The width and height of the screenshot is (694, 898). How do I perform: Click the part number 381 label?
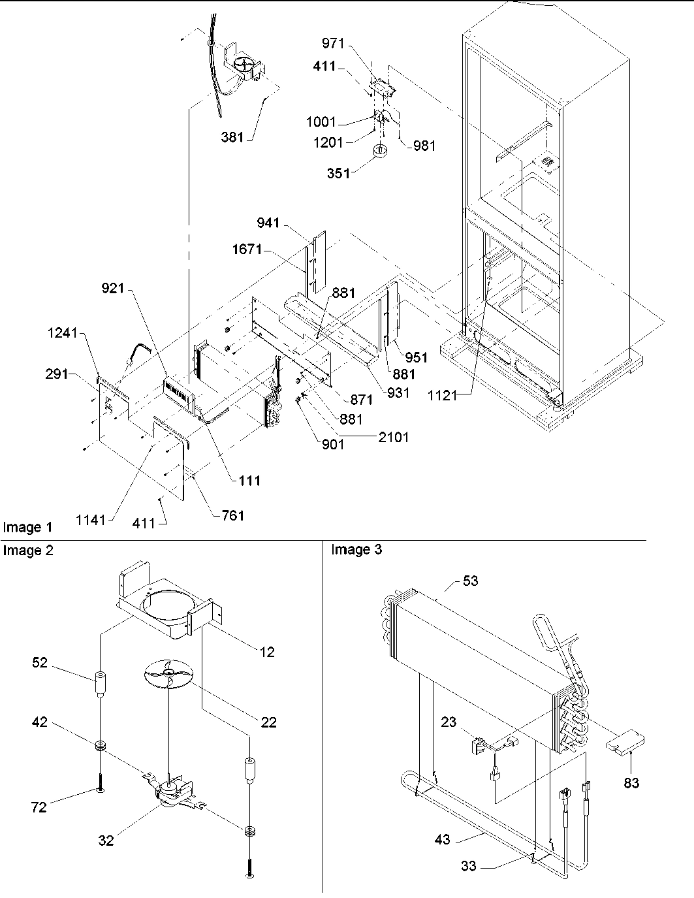(232, 137)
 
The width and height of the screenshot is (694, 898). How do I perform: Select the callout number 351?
(339, 174)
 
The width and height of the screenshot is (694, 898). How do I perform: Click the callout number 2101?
(394, 437)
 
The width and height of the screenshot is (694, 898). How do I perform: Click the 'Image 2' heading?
(28, 551)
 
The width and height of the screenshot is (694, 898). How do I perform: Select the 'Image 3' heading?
(356, 550)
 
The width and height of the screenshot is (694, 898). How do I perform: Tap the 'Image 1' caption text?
(28, 527)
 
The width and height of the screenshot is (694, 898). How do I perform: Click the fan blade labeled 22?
(169, 673)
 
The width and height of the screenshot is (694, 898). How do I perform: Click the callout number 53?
(470, 581)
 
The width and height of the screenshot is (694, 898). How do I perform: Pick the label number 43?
(442, 839)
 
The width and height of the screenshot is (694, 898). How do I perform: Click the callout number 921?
(112, 288)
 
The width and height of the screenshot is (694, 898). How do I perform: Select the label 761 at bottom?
(232, 515)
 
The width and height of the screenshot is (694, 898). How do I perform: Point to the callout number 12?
(266, 651)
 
